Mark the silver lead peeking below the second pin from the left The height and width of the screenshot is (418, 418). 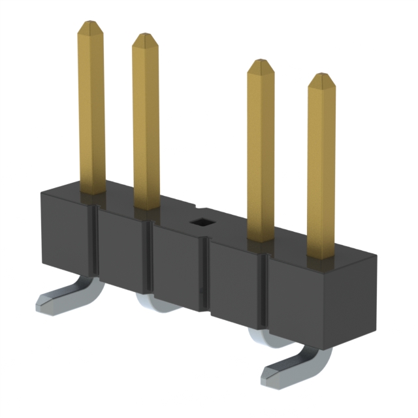click(152, 302)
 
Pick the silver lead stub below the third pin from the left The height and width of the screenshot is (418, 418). click(260, 334)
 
